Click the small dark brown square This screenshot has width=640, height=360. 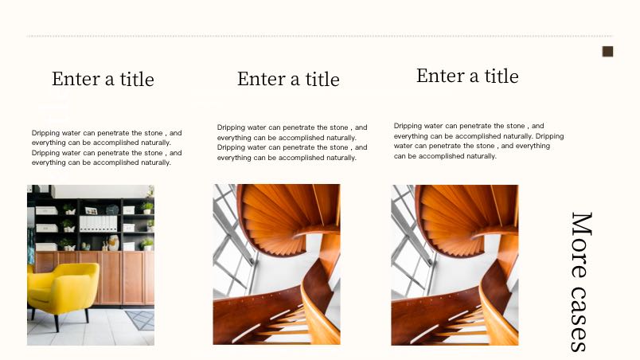click(x=607, y=52)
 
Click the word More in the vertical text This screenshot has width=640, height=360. click(x=581, y=245)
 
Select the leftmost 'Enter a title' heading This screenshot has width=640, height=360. click(x=103, y=79)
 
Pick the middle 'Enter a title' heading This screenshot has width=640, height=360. click(x=288, y=79)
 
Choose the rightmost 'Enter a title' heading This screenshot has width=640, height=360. click(x=467, y=76)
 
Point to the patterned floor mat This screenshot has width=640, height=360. click(x=140, y=319)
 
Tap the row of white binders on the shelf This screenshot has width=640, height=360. click(x=98, y=224)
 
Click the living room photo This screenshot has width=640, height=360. click(x=91, y=265)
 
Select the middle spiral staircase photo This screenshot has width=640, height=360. click(x=276, y=264)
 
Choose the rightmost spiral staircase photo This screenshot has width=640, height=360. click(x=455, y=265)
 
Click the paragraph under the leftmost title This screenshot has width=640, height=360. click(x=107, y=148)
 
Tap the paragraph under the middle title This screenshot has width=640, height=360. click(x=292, y=143)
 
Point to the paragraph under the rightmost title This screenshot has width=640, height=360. click(x=478, y=141)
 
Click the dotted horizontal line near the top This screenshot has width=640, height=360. click(x=320, y=37)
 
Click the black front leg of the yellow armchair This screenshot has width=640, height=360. click(x=57, y=323)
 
